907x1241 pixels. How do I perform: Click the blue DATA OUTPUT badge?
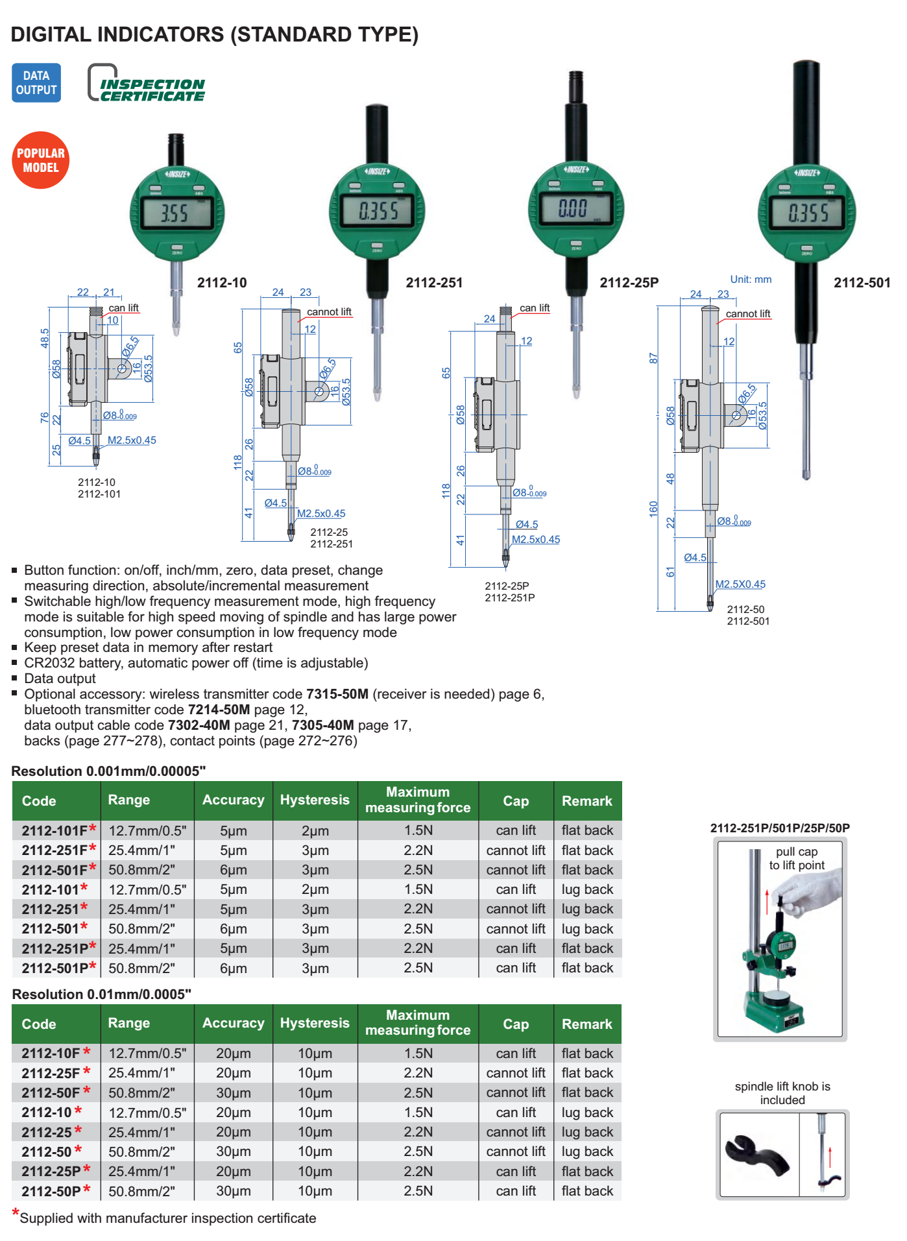pyautogui.click(x=36, y=83)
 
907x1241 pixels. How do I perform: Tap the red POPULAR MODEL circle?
pyautogui.click(x=41, y=160)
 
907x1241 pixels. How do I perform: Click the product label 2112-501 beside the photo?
pyautogui.click(x=862, y=283)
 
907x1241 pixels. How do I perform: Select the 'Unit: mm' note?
pyautogui.click(x=751, y=280)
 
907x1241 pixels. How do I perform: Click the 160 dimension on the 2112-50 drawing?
pyautogui.click(x=653, y=509)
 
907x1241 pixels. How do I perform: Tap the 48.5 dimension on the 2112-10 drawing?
pyautogui.click(x=45, y=338)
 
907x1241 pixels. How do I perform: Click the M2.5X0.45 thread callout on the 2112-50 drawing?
pyautogui.click(x=740, y=584)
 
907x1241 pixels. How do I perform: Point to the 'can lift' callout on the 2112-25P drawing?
pyautogui.click(x=535, y=308)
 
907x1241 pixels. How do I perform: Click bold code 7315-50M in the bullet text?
pyautogui.click(x=337, y=694)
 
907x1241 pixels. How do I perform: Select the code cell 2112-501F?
pyautogui.click(x=54, y=870)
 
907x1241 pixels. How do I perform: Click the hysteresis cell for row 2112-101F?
pyautogui.click(x=315, y=830)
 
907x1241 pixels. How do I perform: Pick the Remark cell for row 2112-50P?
pyautogui.click(x=587, y=1191)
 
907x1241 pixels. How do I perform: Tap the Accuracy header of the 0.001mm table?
pyautogui.click(x=233, y=800)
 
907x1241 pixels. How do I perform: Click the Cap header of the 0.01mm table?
pyautogui.click(x=516, y=1024)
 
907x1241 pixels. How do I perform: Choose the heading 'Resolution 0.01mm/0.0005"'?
pyautogui.click(x=102, y=994)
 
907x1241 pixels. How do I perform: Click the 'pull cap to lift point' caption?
pyautogui.click(x=797, y=858)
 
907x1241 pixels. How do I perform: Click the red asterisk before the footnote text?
pyautogui.click(x=16, y=1213)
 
